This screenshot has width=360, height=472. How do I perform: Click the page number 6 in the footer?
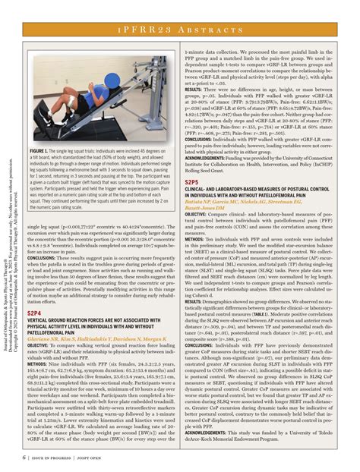coord(25,458)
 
